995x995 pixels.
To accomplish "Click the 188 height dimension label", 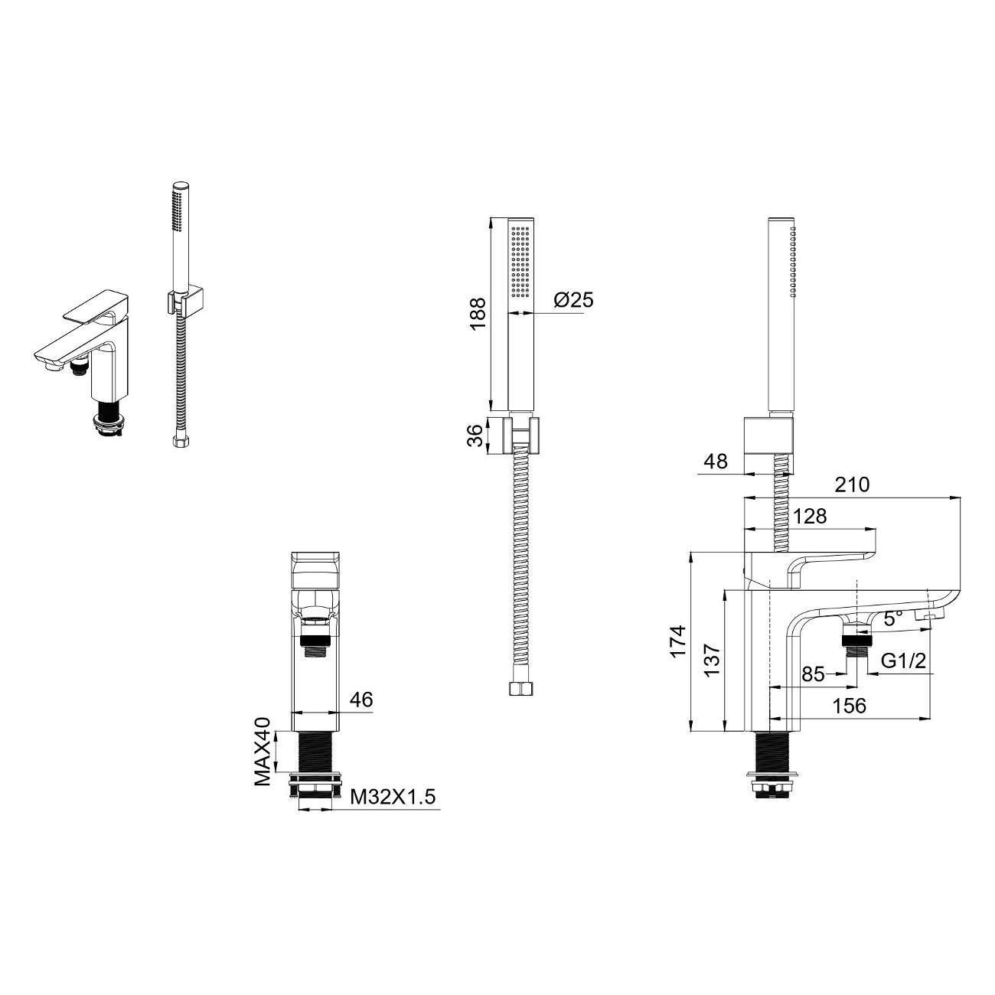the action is tap(477, 313).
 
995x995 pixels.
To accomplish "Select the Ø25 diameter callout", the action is tap(574, 299).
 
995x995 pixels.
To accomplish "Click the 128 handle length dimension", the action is tap(810, 516).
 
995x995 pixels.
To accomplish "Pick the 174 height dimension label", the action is tap(677, 641).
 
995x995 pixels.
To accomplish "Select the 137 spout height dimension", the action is tap(713, 660).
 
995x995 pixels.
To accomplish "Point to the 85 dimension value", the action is tap(813, 674).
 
